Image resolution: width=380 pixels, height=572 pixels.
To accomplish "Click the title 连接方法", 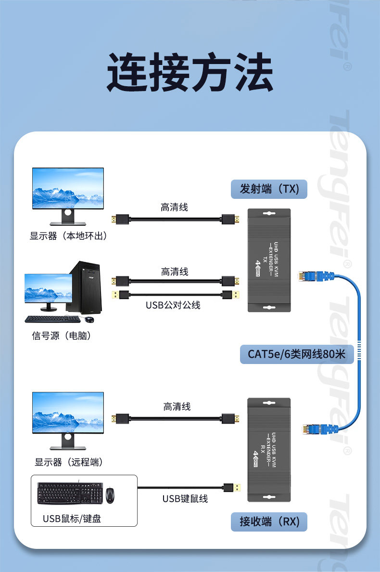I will coord(190,73).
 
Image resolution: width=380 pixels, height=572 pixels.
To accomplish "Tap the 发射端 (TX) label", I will coord(270,189).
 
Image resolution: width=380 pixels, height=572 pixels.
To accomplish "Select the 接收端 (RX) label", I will coord(270,521).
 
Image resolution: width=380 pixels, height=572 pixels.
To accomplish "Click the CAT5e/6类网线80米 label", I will coord(297,354).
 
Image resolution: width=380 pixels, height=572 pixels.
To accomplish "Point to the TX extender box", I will coord(269,260).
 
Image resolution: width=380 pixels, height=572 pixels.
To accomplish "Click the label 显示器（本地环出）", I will coord(68,236).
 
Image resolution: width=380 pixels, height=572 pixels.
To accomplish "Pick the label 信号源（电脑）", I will coord(62,336).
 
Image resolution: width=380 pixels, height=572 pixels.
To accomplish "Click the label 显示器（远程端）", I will coord(68,462).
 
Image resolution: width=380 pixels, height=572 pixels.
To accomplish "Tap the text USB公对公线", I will coord(173,305).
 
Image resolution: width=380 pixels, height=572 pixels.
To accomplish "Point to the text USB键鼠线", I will coord(185,498).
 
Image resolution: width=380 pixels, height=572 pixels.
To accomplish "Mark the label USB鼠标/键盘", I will coord(72,518).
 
